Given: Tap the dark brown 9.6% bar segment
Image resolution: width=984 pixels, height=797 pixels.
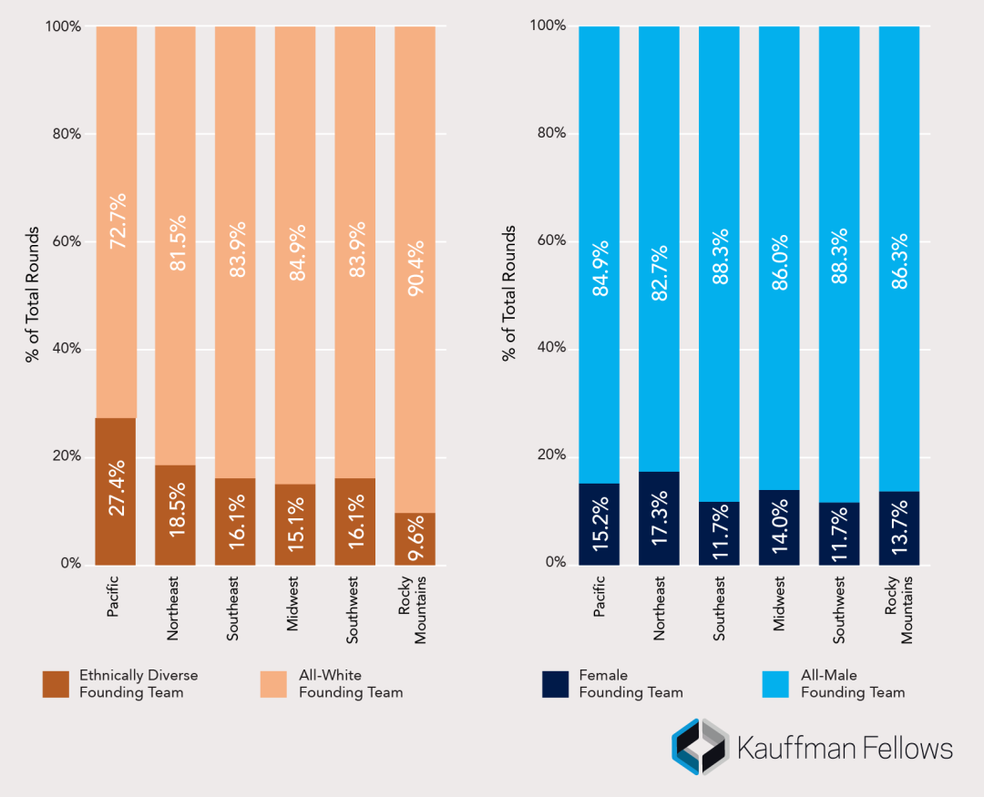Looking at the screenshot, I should click(415, 538).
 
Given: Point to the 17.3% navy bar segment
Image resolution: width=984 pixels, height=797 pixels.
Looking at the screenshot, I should click(659, 517).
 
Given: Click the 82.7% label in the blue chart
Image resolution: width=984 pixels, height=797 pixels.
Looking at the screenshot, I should click(659, 270).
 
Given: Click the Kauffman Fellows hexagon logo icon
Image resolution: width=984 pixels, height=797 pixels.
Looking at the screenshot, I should click(700, 747).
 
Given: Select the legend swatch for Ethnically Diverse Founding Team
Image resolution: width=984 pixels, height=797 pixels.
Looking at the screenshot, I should click(56, 684).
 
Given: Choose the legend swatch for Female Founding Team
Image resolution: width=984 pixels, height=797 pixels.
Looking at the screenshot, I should click(555, 684).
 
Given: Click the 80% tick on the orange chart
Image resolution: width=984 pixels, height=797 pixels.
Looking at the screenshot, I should click(64, 134).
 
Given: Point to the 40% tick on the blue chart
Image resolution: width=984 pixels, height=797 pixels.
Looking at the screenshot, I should click(548, 348).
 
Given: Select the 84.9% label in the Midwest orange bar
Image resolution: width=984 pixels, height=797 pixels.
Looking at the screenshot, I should click(296, 251).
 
